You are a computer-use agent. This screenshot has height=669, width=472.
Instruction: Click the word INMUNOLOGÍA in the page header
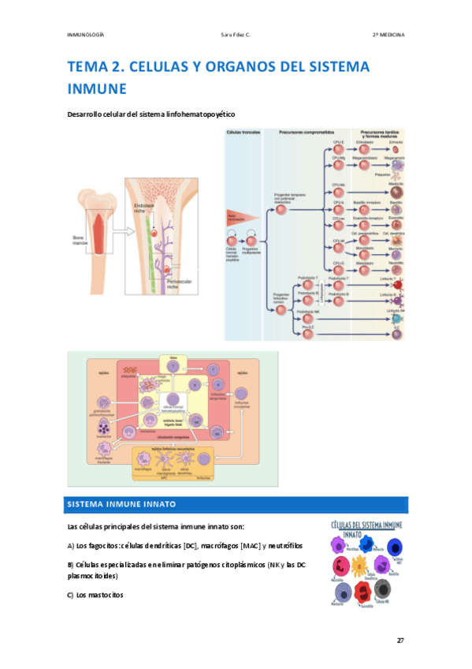[x=87, y=35]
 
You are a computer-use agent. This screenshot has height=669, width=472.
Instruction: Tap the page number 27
[x=400, y=640]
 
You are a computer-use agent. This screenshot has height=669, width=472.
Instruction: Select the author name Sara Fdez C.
[x=238, y=35]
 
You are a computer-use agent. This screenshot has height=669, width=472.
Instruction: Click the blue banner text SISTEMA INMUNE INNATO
[x=122, y=504]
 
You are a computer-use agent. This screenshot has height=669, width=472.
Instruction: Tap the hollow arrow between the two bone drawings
[x=117, y=232]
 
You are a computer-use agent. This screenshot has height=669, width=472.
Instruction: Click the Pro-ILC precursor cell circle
[x=307, y=333]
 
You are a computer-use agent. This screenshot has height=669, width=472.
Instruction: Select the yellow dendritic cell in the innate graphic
[x=359, y=566]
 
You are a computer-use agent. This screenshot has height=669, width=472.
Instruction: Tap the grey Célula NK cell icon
[x=383, y=589]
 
